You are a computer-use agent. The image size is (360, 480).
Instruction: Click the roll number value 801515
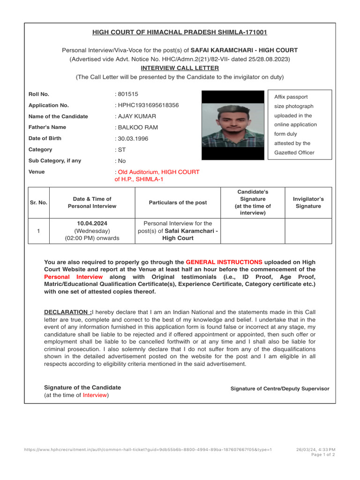[x=128, y=94]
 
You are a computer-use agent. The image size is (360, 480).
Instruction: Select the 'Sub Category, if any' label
[x=55, y=161]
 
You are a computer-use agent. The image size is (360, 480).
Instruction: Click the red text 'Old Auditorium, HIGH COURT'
[x=158, y=172]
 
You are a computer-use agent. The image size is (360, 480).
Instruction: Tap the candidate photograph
[x=233, y=125]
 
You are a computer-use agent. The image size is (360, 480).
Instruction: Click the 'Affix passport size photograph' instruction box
[x=300, y=125]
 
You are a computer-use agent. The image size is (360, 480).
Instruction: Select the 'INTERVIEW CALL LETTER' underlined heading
[x=180, y=68]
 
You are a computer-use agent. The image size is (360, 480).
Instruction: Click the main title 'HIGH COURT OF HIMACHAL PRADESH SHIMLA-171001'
[x=180, y=32]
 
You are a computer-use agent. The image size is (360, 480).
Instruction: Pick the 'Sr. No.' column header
[x=38, y=202]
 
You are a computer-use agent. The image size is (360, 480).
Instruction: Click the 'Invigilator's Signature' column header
[x=308, y=202]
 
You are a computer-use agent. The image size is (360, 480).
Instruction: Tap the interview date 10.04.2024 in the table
[x=92, y=224]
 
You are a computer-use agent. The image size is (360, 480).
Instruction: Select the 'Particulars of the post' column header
[x=178, y=202]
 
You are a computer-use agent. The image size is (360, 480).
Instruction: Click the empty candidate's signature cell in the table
[x=253, y=231]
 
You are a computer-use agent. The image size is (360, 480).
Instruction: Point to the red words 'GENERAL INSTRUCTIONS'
[x=224, y=262]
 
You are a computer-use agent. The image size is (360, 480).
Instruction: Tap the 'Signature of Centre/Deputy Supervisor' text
[x=280, y=389]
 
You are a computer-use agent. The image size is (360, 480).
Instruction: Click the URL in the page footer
[x=148, y=450]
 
